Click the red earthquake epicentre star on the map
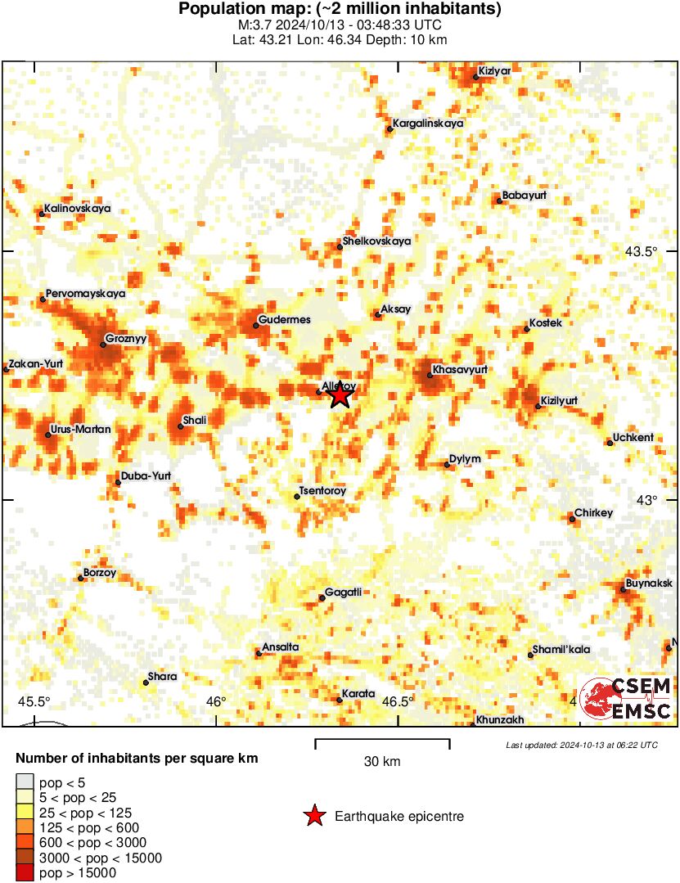(340, 396)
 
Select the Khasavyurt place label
(460, 370)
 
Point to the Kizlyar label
(494, 70)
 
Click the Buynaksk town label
(649, 583)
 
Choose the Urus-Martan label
(81, 429)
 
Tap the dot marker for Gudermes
(256, 326)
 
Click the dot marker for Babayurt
(499, 200)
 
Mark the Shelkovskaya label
(377, 241)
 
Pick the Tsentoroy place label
(323, 491)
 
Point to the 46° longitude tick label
(216, 701)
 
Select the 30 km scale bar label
(382, 762)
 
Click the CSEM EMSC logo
(625, 698)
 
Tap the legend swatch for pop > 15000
(25, 873)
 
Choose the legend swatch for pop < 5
(25, 783)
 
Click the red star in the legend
(313, 816)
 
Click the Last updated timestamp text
(581, 745)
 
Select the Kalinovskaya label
(78, 209)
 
